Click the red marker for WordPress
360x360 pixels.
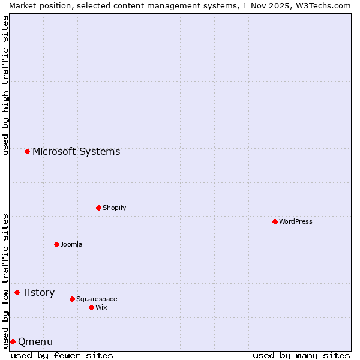point(275,221)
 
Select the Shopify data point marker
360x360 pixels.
point(98,208)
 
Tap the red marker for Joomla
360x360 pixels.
point(56,244)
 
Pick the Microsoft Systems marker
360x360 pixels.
point(27,151)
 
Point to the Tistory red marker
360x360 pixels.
point(17,292)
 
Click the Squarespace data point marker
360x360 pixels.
point(72,299)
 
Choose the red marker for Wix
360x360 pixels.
point(91,307)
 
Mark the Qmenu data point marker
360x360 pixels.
point(13,341)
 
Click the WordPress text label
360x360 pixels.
point(296,221)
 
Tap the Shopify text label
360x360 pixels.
point(114,208)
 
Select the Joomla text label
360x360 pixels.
point(71,244)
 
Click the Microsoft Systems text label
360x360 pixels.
point(76,151)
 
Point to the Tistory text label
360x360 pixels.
point(38,292)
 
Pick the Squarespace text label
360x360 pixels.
point(97,299)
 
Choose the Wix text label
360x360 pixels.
point(101,307)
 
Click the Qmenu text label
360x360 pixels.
point(35,341)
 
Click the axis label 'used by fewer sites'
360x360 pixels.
point(62,355)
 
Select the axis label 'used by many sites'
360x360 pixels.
point(301,355)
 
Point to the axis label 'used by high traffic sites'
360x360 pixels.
point(5,85)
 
